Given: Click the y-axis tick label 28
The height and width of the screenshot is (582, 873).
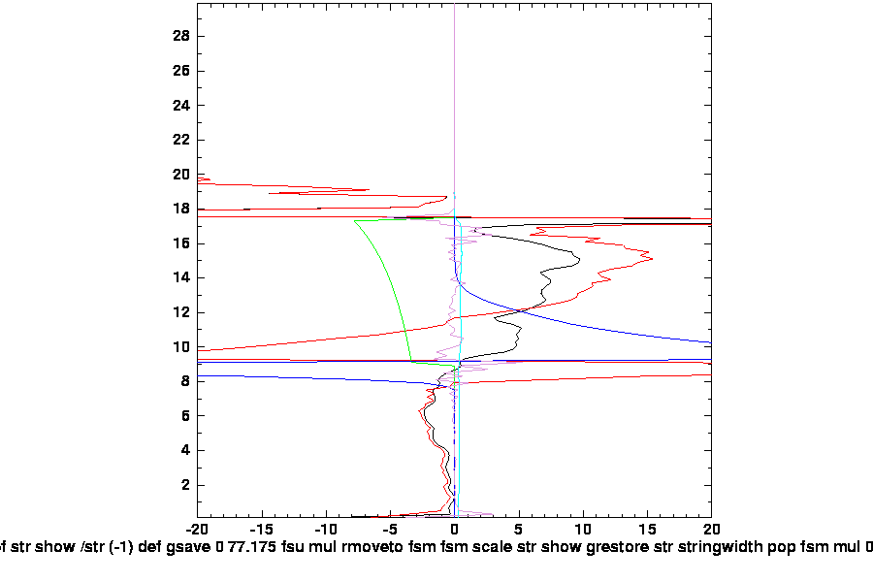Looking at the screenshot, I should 181,36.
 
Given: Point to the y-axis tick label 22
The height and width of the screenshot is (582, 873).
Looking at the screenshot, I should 181,140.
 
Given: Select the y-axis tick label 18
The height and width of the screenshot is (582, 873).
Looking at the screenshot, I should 181,209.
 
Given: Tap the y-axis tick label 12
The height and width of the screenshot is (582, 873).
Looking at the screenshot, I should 181,312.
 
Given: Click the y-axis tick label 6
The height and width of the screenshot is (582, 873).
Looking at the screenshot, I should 184,416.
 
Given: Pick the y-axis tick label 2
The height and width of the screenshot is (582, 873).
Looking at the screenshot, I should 184,485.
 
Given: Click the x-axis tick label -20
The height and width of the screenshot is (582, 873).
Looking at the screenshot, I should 198,530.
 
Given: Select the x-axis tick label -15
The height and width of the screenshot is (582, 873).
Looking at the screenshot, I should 262,530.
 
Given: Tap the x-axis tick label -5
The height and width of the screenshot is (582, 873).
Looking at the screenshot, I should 390,530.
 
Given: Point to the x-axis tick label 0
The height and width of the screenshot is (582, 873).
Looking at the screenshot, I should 455,530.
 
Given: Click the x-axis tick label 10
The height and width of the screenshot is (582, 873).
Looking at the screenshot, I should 583,530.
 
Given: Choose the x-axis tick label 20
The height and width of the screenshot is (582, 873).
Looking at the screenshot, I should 711,530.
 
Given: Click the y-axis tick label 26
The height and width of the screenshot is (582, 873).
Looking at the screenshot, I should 181,71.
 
